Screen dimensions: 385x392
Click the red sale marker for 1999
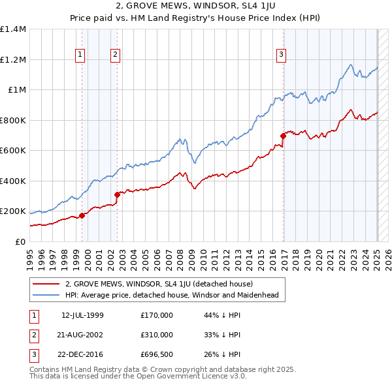pyautogui.click(x=82, y=215)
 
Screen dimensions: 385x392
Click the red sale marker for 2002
pyautogui.click(x=118, y=194)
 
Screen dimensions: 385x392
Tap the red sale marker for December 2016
pyautogui.click(x=284, y=136)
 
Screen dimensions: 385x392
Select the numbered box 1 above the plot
pyautogui.click(x=80, y=55)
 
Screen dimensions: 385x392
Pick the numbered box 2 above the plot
pyautogui.click(x=115, y=55)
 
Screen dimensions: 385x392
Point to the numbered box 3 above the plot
pyautogui.click(x=281, y=55)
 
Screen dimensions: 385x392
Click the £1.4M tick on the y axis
pyautogui.click(x=13, y=29)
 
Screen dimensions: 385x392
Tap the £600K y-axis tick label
pyautogui.click(x=13, y=151)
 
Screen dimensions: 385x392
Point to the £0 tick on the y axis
pyautogui.click(x=20, y=241)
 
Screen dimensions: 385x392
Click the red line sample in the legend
pyautogui.click(x=46, y=284)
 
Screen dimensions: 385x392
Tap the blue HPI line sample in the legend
pyautogui.click(x=46, y=295)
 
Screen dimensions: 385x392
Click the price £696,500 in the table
pyautogui.click(x=157, y=354)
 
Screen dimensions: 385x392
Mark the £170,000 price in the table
pyautogui.click(x=157, y=315)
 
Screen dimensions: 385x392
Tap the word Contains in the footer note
pyautogui.click(x=44, y=369)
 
